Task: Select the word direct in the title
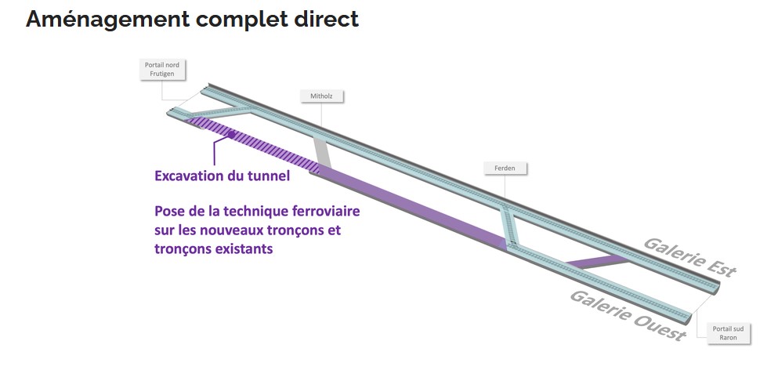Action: pos(322,20)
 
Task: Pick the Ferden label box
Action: pos(505,169)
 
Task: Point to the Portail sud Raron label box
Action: pos(729,333)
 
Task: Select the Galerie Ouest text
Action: pos(628,316)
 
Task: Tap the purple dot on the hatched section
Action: pos(231,135)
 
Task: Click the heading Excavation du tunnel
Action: pos(223,176)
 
